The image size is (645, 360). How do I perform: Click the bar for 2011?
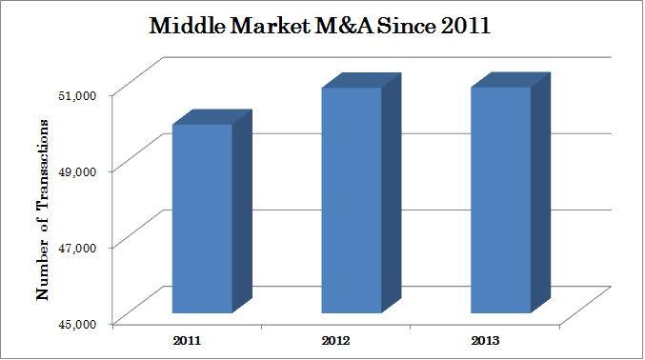(202, 218)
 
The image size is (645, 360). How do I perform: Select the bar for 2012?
(351, 200)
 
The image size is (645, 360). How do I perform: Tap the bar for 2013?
(500, 200)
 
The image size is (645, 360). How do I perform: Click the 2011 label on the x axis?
(187, 339)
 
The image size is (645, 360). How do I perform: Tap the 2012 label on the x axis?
(335, 339)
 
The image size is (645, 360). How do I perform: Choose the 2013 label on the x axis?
(484, 339)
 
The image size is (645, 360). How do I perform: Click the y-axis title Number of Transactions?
(42, 209)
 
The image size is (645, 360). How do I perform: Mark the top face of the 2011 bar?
(212, 117)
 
